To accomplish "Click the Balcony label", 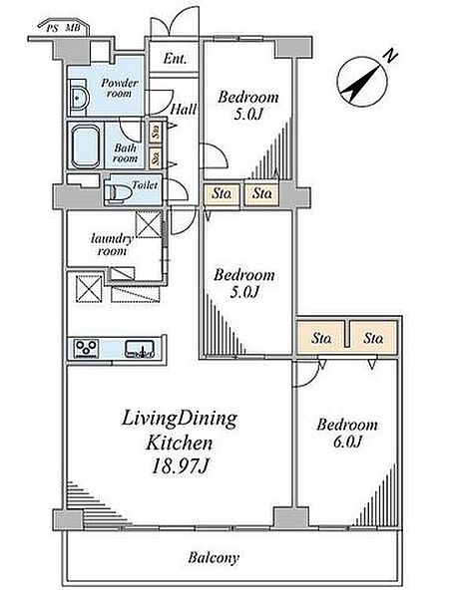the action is pos(214,558).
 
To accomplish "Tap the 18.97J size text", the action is pos(180,465).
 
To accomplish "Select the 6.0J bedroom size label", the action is pos(347,442).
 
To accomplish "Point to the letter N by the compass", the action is pos(390,56).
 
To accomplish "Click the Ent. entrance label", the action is pos(175,59).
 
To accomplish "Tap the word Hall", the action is pos(184,109).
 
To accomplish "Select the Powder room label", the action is pos(120,88).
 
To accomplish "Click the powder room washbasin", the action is pos(79,98).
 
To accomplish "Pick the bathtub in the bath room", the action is pos(86,148).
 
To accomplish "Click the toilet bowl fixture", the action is pos(118,190).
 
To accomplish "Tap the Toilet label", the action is pos(145,185).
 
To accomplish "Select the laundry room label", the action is pos(112,245).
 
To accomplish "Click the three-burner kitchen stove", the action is pos(86,348).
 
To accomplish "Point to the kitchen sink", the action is pos(140,349).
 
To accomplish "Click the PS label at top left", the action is pos(52,28).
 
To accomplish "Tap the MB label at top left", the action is pos(73,28).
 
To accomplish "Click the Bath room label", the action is pos(125,152).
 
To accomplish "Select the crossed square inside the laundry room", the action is pos(149,224).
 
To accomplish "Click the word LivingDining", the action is pos(180,420).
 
